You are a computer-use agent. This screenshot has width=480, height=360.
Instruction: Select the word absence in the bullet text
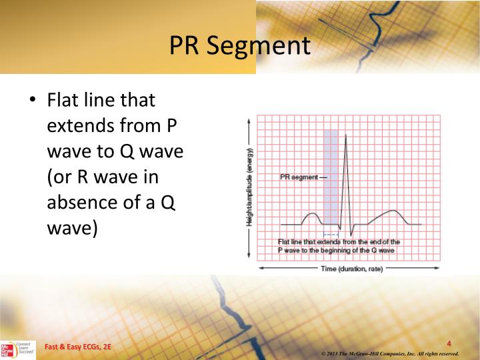click(82, 203)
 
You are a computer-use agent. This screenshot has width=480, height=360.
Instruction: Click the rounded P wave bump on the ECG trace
click(311, 215)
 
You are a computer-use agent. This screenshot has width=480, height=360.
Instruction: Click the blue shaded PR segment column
click(331, 173)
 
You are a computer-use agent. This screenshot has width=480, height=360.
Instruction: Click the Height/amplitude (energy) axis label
click(249, 187)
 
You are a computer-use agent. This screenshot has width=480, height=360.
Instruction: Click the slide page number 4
click(449, 344)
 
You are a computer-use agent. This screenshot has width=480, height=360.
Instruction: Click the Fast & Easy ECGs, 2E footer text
click(78, 347)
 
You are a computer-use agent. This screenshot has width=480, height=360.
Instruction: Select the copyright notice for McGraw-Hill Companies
click(389, 353)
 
